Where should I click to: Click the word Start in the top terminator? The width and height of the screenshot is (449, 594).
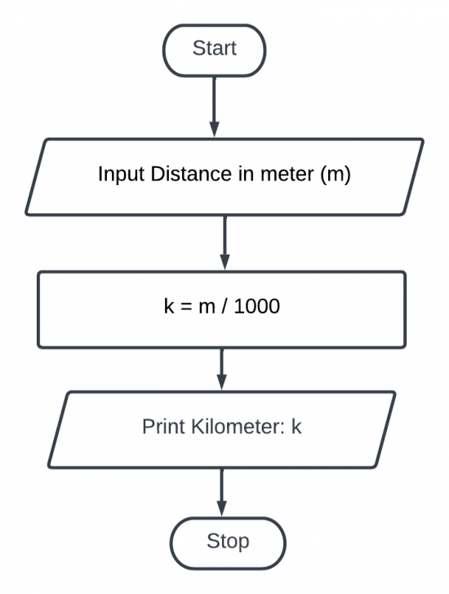(x=215, y=48)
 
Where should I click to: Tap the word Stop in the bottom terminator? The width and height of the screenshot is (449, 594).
(x=228, y=541)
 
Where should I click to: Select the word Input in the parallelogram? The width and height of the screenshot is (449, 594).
(x=122, y=175)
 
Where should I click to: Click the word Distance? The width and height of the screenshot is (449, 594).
(x=191, y=174)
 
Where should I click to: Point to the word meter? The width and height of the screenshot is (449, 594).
(x=287, y=175)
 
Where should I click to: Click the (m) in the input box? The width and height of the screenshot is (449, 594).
(x=336, y=175)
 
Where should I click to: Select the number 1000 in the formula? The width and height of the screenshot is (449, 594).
(x=257, y=306)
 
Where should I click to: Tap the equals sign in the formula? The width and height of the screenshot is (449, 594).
(x=186, y=307)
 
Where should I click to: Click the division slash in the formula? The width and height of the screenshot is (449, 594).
(x=224, y=306)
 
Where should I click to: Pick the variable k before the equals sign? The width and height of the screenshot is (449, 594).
(x=169, y=306)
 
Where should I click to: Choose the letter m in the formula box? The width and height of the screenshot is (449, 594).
(x=207, y=308)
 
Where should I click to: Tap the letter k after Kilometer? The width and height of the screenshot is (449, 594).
(x=296, y=427)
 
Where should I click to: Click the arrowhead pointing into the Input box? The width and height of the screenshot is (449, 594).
(x=215, y=129)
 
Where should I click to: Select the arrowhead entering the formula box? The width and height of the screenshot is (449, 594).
(x=225, y=262)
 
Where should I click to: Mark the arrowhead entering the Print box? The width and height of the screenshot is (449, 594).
(x=222, y=382)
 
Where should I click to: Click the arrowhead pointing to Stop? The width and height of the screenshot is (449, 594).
(x=222, y=508)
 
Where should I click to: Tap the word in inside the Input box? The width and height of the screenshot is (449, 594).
(x=247, y=175)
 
